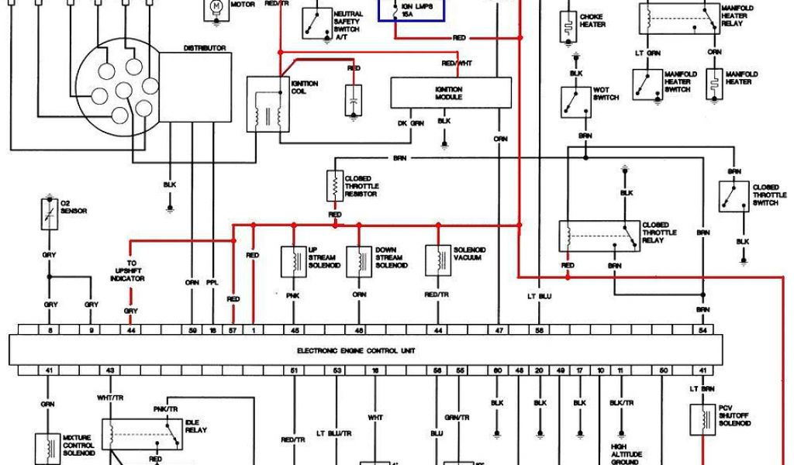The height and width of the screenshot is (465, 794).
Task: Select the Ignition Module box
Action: (451, 94)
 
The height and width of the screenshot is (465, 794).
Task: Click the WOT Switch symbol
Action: (575, 101)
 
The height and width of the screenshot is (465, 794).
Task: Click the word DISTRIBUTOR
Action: (204, 48)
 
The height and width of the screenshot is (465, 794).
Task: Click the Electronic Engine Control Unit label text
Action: (356, 350)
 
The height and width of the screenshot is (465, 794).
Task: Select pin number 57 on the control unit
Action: (233, 331)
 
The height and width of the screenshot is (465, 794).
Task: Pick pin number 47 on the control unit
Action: (499, 331)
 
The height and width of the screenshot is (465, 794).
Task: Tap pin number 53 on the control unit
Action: (337, 371)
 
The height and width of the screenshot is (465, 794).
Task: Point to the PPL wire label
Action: (212, 283)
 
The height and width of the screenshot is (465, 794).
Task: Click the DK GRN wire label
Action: (410, 123)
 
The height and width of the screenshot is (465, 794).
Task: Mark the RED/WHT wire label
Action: (456, 64)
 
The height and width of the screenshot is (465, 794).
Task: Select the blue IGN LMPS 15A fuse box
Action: (411, 10)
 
